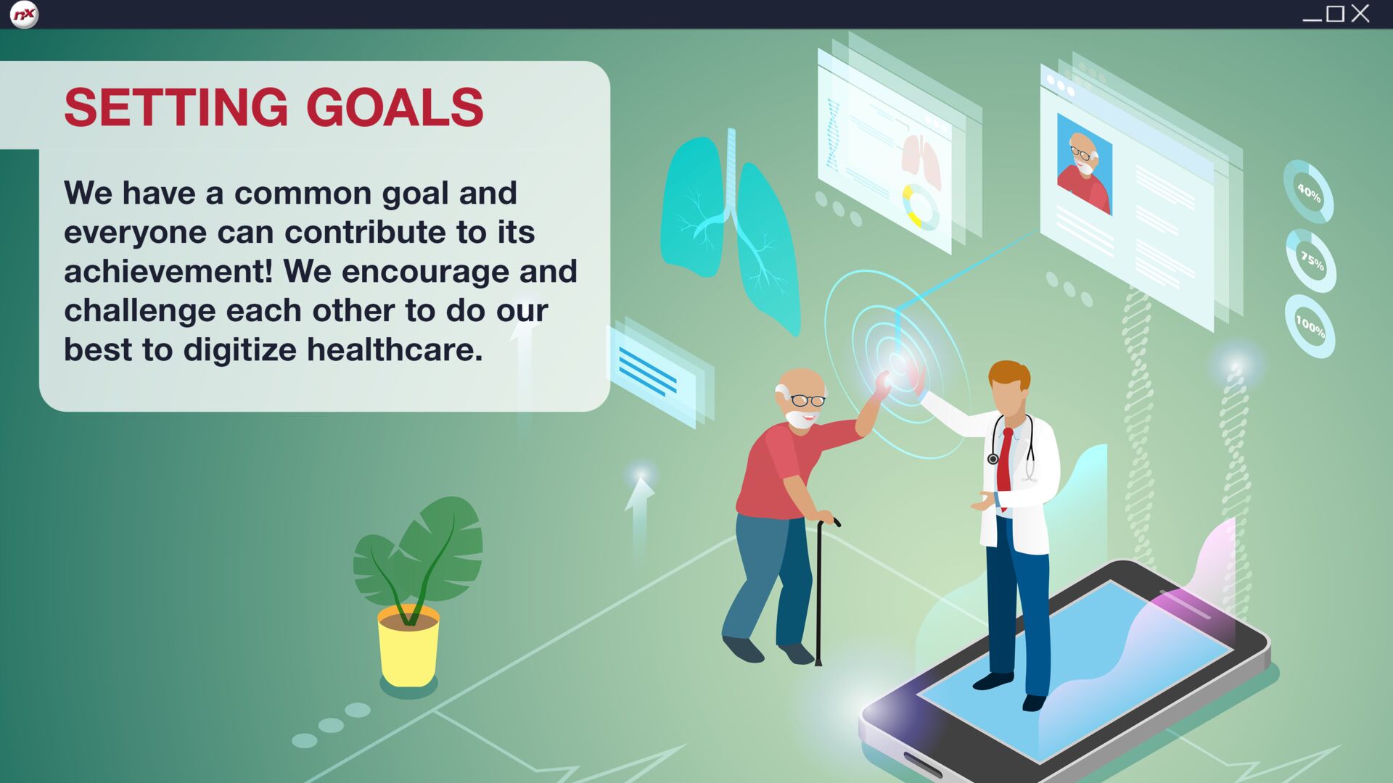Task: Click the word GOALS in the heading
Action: click(395, 107)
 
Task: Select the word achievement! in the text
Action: click(168, 271)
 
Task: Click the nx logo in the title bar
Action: click(24, 14)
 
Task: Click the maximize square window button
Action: click(1335, 14)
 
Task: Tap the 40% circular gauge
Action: click(1308, 191)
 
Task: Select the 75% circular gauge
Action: click(1310, 260)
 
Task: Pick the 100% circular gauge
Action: click(1310, 326)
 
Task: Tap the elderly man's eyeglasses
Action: click(808, 400)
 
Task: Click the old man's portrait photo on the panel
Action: click(1084, 164)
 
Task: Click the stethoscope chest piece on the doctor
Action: click(993, 459)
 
